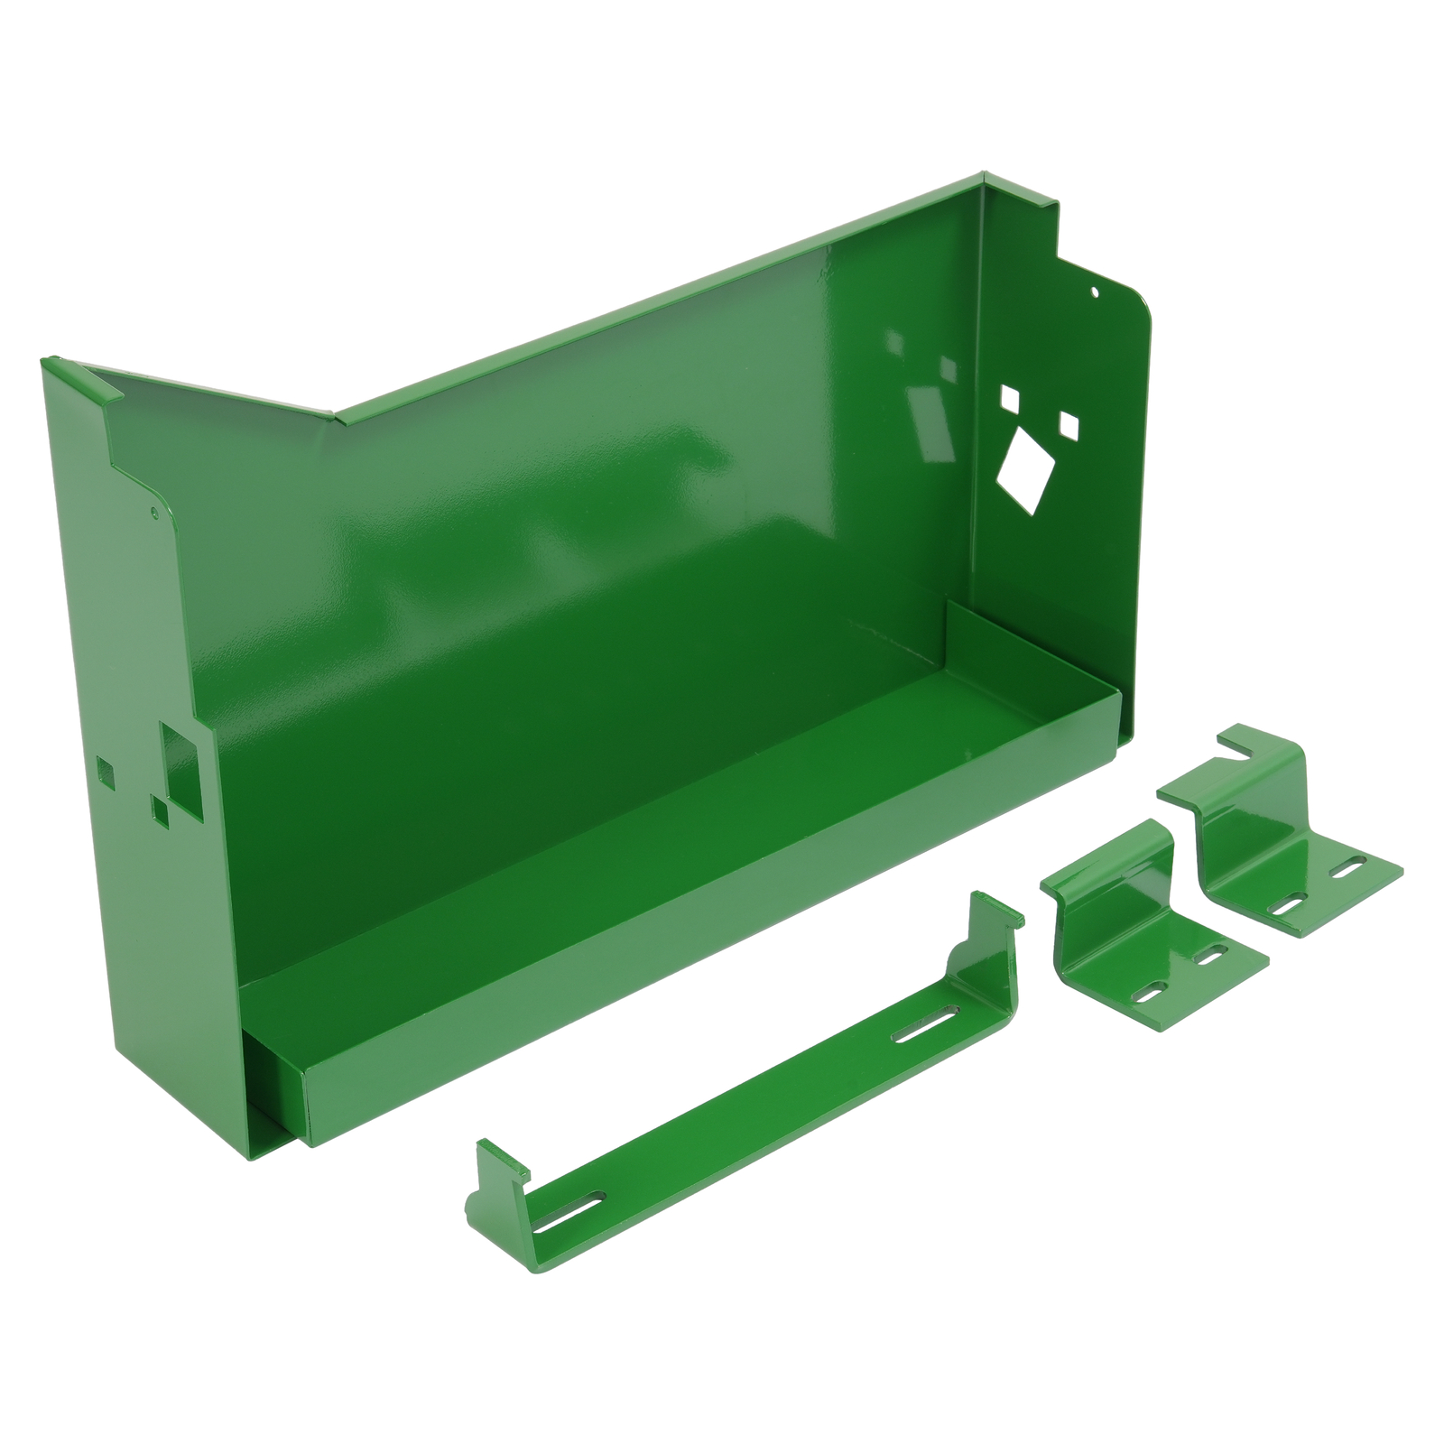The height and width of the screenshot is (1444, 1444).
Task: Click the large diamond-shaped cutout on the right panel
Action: pyautogui.click(x=1023, y=467)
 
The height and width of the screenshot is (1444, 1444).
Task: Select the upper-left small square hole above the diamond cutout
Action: pyautogui.click(x=1008, y=397)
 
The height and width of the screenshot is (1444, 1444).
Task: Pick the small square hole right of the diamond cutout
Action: pyautogui.click(x=1069, y=423)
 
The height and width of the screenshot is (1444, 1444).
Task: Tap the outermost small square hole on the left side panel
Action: pyautogui.click(x=106, y=771)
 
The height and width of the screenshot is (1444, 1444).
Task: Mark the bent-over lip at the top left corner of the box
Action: pyautogui.click(x=81, y=376)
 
